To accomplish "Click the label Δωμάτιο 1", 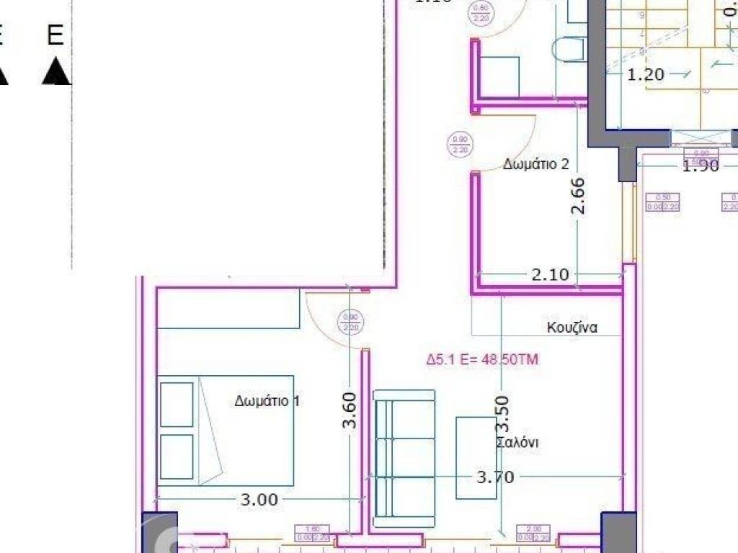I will pyautogui.click(x=267, y=401).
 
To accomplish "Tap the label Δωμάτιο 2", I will pyautogui.click(x=536, y=164).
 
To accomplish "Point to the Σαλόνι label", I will pyautogui.click(x=517, y=442).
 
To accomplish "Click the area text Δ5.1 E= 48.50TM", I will pyautogui.click(x=482, y=359).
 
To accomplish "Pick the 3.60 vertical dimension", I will pyautogui.click(x=350, y=410).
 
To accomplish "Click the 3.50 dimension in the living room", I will pyautogui.click(x=502, y=413).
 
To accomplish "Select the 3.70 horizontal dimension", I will pyautogui.click(x=495, y=477).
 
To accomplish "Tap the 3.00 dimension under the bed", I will pyautogui.click(x=258, y=499).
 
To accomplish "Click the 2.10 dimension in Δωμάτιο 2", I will pyautogui.click(x=550, y=274).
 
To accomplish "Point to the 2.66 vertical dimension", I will pyautogui.click(x=578, y=197).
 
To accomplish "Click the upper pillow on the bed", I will pyautogui.click(x=177, y=404).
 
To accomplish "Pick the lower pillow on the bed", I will pyautogui.click(x=177, y=456).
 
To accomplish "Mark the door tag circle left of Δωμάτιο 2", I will pyautogui.click(x=459, y=145).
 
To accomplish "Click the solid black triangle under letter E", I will pyautogui.click(x=56, y=73).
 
